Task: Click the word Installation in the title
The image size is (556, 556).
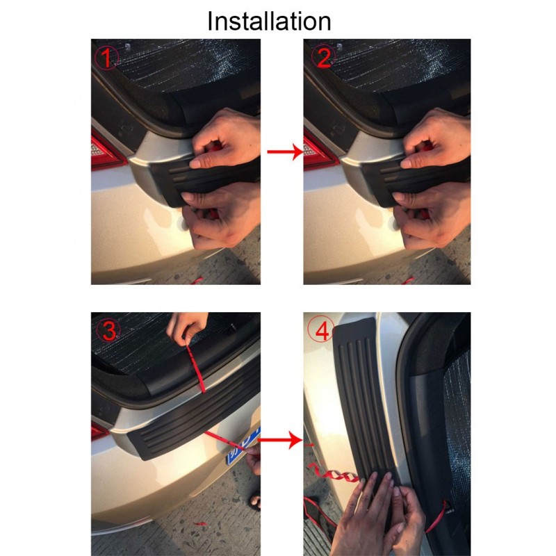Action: tap(269, 22)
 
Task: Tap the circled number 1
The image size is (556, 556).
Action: tap(106, 57)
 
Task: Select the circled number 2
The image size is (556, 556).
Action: tap(323, 57)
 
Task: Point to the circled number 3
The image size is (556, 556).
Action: tap(108, 330)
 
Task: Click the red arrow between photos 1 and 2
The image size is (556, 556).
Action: tap(285, 152)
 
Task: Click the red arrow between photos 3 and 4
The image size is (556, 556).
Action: tap(280, 440)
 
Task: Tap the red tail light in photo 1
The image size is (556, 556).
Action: tap(106, 152)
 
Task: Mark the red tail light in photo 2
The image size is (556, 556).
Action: tap(319, 152)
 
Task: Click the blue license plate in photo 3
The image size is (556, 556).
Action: tap(243, 446)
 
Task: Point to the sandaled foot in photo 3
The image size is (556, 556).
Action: tap(254, 500)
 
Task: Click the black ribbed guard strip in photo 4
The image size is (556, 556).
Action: tap(366, 401)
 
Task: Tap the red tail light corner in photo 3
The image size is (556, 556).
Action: tap(99, 430)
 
